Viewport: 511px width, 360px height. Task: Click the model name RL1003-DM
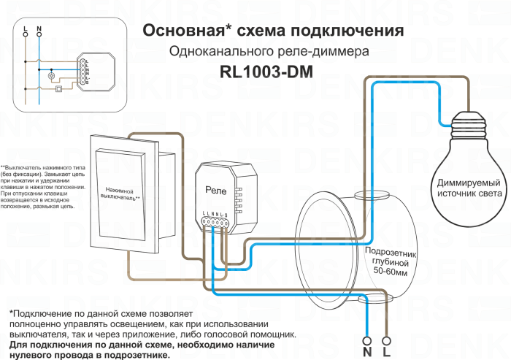coord(272,72)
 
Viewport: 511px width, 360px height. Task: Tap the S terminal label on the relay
coord(225,213)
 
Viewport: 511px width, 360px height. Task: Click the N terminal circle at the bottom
coord(366,340)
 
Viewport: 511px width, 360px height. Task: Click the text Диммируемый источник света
coord(469,188)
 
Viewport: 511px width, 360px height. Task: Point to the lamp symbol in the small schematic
coord(51,75)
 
